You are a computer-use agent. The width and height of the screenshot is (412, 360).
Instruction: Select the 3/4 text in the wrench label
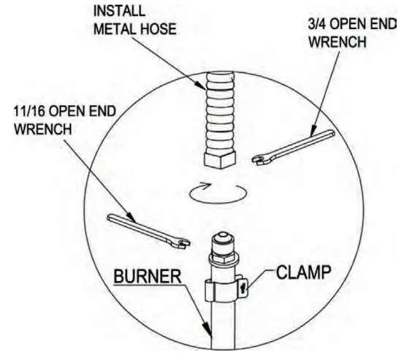pyautogui.click(x=319, y=24)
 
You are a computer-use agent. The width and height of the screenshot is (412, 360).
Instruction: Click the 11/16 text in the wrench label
pyautogui.click(x=30, y=110)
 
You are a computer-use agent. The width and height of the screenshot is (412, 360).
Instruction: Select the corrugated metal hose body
pyautogui.click(x=218, y=110)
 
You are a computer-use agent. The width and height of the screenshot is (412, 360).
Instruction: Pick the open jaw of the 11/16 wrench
pyautogui.click(x=182, y=241)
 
